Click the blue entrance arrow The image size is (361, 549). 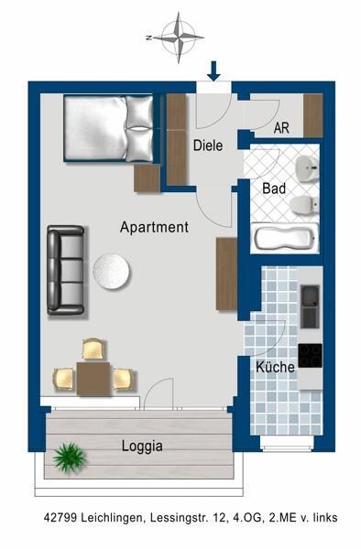[x=213, y=71]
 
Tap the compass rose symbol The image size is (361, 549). [x=180, y=38]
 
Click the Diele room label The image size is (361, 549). [x=208, y=145]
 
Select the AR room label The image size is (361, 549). [x=281, y=128]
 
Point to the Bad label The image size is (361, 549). [x=274, y=188]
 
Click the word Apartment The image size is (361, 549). [x=154, y=227]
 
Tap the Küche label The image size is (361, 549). [x=275, y=367]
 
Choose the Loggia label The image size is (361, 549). [x=142, y=447]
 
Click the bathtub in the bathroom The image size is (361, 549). [x=285, y=237]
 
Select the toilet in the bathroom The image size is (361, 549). [x=304, y=205]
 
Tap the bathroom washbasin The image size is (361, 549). [x=307, y=168]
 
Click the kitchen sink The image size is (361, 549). [x=310, y=307]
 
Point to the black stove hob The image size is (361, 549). [x=311, y=355]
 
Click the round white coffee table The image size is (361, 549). [x=112, y=272]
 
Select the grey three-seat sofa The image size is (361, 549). [x=66, y=270]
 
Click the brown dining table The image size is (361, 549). [x=93, y=379]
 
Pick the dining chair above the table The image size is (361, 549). [x=94, y=349]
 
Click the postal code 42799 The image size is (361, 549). [x=60, y=518]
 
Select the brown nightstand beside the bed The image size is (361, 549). [x=147, y=178]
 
